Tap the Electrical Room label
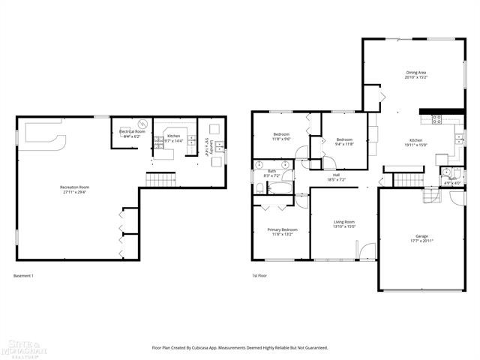pos(132,132)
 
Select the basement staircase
pos(160,179)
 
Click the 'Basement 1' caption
pos(24,276)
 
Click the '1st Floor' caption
pos(259,276)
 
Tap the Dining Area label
pos(416,73)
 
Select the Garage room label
pos(422,237)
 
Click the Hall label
pos(336,175)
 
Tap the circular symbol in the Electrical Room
pos(139,124)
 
